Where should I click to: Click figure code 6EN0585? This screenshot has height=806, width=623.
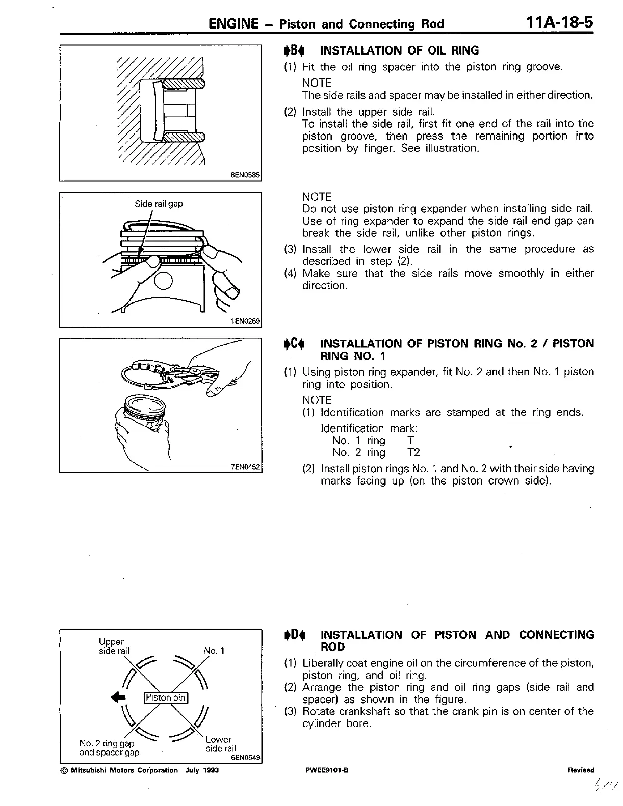coord(245,175)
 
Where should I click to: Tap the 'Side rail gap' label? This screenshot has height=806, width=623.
coord(159,204)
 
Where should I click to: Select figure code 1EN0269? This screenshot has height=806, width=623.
coord(245,321)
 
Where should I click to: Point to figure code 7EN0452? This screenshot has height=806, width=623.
coord(245,467)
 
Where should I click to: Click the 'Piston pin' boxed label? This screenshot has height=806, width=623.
coord(166,697)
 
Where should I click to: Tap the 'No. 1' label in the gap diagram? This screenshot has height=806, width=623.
coord(214,651)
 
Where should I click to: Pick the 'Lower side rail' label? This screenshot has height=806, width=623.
coord(220,744)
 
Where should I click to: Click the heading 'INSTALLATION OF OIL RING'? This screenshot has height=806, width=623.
coord(399,50)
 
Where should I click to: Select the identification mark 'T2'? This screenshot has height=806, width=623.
coord(413,452)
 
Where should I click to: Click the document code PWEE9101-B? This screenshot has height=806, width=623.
coord(327,770)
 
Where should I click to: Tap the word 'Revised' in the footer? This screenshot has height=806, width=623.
coord(581,770)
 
